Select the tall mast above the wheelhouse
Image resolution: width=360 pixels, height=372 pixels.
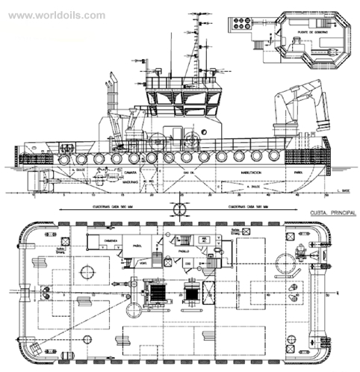[196, 45]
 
